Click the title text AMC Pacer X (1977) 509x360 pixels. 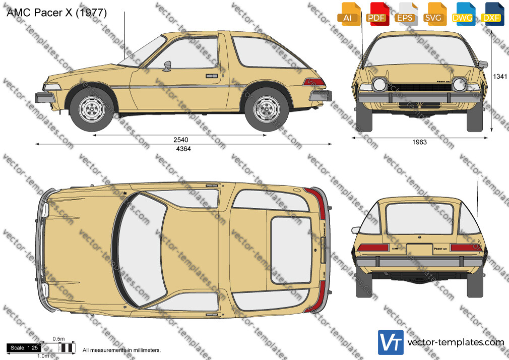[56, 13]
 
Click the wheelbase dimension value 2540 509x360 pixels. [181, 140]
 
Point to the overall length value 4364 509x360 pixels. [183, 149]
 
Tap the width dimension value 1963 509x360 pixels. [419, 142]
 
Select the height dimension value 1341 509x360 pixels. [500, 76]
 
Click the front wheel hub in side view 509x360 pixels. [92, 109]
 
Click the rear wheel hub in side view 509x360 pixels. [267, 109]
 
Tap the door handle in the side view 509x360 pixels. [212, 76]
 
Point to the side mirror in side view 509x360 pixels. [167, 66]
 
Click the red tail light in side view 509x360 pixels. [314, 82]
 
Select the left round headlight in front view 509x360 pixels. [379, 85]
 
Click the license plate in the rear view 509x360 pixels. [419, 250]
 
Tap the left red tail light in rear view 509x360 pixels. [373, 248]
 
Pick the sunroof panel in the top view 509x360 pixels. [291, 250]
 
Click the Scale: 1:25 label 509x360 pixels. [24, 348]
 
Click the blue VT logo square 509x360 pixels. [391, 342]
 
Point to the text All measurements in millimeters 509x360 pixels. [121, 350]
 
